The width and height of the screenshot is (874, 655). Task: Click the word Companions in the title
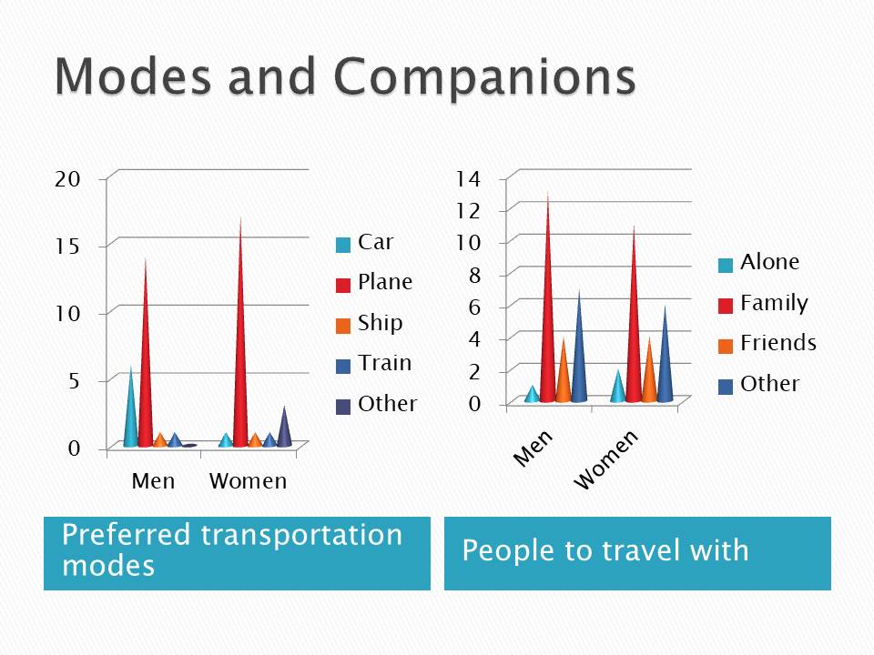(x=484, y=76)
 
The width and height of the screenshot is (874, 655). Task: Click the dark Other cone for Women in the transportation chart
(x=284, y=428)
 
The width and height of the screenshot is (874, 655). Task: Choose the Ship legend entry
(x=369, y=323)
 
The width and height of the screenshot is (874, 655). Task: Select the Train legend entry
(x=373, y=363)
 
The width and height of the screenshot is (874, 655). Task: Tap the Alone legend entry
(x=758, y=262)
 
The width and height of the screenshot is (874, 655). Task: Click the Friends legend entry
(x=767, y=343)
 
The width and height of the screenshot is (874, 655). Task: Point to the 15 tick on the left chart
(x=67, y=247)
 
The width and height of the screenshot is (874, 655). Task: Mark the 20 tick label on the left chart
(x=67, y=179)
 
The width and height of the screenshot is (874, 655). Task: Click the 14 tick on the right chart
(x=468, y=179)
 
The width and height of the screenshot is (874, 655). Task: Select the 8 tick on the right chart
(x=474, y=275)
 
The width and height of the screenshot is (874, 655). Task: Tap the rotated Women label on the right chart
(x=605, y=460)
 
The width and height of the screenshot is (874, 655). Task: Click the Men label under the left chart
(x=153, y=481)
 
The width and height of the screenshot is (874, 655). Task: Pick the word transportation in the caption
(x=301, y=535)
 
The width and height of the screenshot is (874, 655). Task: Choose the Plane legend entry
(x=374, y=282)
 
